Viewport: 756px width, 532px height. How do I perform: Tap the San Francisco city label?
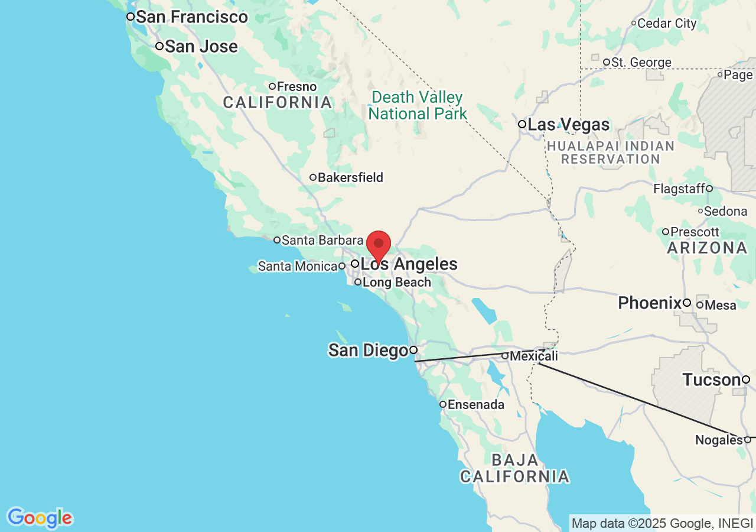[191, 17]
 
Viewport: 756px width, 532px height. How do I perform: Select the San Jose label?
[201, 47]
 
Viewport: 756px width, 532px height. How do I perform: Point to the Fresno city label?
[296, 87]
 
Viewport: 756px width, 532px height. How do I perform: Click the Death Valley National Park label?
[418, 105]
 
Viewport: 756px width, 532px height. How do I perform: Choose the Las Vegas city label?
[568, 125]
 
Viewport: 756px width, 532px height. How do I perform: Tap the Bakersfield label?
[350, 177]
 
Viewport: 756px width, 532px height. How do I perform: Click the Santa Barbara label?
[322, 240]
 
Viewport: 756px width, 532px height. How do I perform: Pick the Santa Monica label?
[298, 267]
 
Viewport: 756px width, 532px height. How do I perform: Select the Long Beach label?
[396, 283]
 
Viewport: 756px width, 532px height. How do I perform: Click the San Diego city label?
[368, 351]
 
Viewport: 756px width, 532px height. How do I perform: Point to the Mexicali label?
[533, 356]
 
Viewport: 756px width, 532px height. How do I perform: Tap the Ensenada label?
[476, 405]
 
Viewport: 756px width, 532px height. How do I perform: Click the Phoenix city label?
[650, 303]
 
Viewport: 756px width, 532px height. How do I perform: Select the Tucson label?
[711, 379]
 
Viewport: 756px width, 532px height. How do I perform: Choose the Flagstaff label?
[679, 189]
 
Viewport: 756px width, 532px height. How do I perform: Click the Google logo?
[40, 518]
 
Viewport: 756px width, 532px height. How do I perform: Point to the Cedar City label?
[667, 24]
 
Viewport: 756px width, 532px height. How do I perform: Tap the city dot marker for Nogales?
[747, 440]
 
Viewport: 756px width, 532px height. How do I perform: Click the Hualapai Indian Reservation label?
[610, 153]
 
